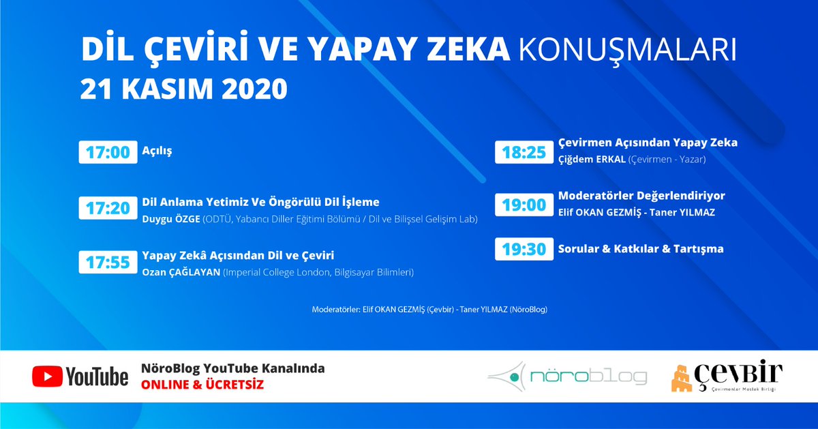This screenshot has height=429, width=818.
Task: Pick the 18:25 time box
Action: tap(524, 151)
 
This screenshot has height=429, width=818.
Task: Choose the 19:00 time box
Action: tap(524, 205)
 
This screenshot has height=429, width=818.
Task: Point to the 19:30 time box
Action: tap(524, 249)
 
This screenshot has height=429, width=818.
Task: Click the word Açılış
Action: tap(157, 150)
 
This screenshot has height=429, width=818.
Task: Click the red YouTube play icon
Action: tap(46, 376)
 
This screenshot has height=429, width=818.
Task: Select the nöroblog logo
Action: tap(568, 376)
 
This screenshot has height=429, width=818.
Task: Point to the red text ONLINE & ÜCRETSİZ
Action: tap(202, 385)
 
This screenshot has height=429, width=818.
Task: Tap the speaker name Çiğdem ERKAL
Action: tap(590, 159)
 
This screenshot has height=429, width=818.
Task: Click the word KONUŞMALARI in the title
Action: tap(628, 50)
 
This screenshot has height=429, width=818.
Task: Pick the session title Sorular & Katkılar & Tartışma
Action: tap(641, 249)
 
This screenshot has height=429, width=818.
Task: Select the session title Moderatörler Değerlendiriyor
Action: tap(641, 196)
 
